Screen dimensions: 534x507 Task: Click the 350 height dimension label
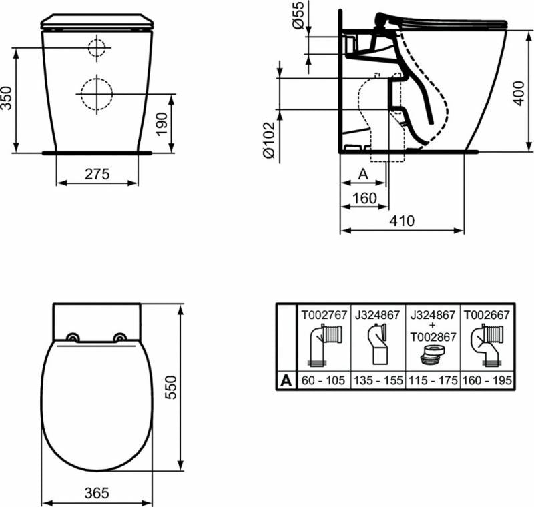point(7,98)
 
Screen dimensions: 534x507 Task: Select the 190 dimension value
point(162,124)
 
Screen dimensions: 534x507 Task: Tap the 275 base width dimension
point(97,174)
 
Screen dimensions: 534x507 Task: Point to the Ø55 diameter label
point(298,15)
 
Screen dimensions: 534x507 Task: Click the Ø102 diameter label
point(269,140)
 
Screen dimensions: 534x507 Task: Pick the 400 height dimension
point(519,93)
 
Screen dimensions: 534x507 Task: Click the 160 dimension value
point(364,198)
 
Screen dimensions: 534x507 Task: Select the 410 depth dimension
point(403,221)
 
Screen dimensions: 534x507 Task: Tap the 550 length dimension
point(171,387)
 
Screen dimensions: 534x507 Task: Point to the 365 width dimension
point(97,493)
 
